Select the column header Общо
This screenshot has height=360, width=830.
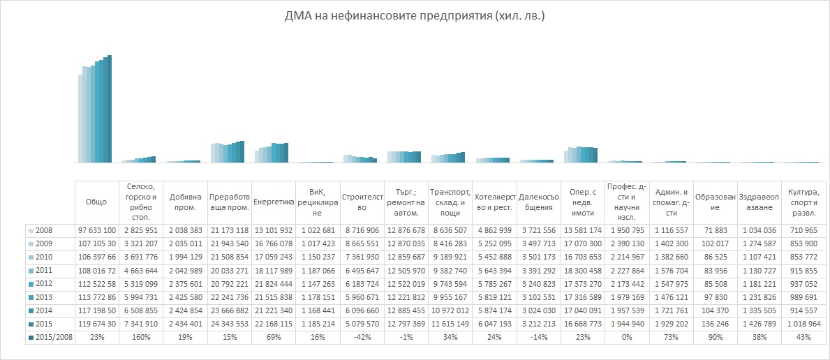[x=97, y=202]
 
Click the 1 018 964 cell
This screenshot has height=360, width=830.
[x=803, y=324]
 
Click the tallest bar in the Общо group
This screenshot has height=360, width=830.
[x=109, y=109]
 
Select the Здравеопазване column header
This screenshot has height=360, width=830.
[x=759, y=202]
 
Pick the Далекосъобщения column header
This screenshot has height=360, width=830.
[x=540, y=202]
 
